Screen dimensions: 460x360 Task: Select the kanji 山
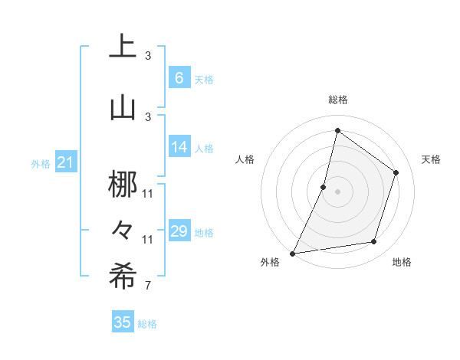coord(123,107)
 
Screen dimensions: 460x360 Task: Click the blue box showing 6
coord(179,78)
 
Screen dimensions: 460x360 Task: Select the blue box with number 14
coord(179,147)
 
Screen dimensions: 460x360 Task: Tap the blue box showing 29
coord(179,231)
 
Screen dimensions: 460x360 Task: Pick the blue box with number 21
coord(65,162)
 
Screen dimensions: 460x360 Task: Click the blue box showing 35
coord(123,322)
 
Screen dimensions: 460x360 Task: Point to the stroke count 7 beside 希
coord(147,286)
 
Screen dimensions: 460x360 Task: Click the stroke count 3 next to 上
coord(148,56)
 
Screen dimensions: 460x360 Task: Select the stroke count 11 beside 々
coord(148,239)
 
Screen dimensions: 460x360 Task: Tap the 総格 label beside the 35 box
coord(147,324)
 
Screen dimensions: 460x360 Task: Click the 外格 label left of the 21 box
coord(41,163)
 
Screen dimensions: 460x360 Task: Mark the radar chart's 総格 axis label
coord(337,100)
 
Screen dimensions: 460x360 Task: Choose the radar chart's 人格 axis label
coord(245,159)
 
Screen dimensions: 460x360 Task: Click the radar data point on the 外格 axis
coord(292,253)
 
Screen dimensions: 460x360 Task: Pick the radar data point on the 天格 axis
coord(396,172)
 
